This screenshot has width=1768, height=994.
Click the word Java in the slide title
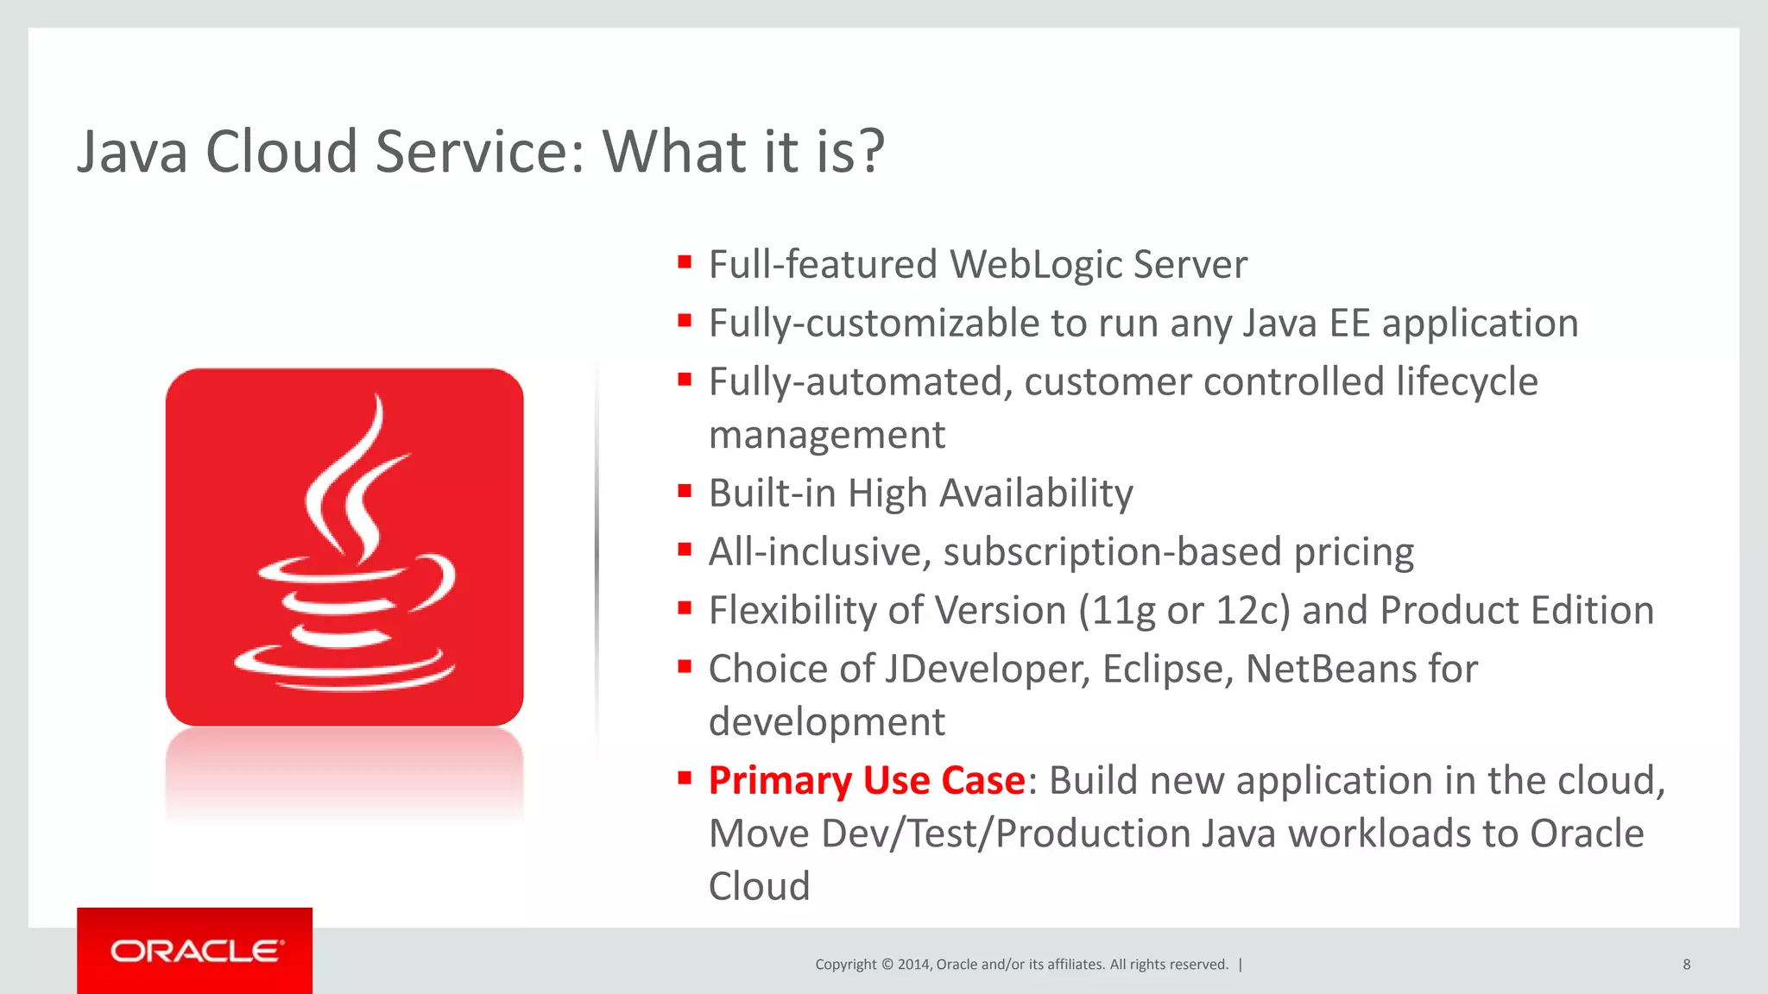132,152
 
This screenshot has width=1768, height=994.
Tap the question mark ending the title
871,152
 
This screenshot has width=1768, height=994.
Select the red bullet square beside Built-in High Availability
685,492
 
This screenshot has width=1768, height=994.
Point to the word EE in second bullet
1349,324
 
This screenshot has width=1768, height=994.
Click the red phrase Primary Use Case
867,781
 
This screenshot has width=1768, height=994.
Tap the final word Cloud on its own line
759,887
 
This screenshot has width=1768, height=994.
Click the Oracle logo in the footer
195,951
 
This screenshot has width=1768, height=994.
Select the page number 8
1686,965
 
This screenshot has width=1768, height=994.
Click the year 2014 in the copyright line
913,965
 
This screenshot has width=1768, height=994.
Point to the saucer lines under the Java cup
345,670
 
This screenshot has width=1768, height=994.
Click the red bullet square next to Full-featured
685,262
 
